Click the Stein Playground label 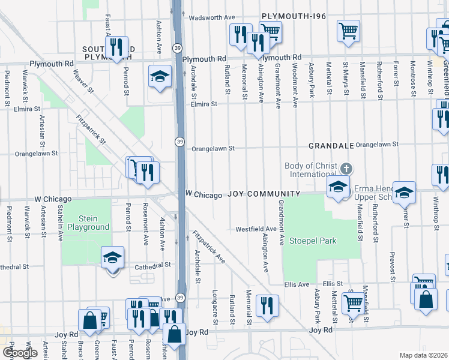tap(88, 223)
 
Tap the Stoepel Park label tap(313, 241)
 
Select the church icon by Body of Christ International tap(346, 168)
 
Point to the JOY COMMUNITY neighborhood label tap(263, 194)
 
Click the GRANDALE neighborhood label tap(329, 146)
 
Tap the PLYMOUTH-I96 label tap(294, 17)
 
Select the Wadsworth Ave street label tap(211, 18)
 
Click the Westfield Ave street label tap(255, 229)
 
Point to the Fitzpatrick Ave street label tap(209, 247)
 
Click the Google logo tap(20, 353)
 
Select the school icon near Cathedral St tap(113, 258)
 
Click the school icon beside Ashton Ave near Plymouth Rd tap(160, 76)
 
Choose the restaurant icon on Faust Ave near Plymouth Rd tap(118, 47)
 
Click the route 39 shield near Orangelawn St tap(179, 141)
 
